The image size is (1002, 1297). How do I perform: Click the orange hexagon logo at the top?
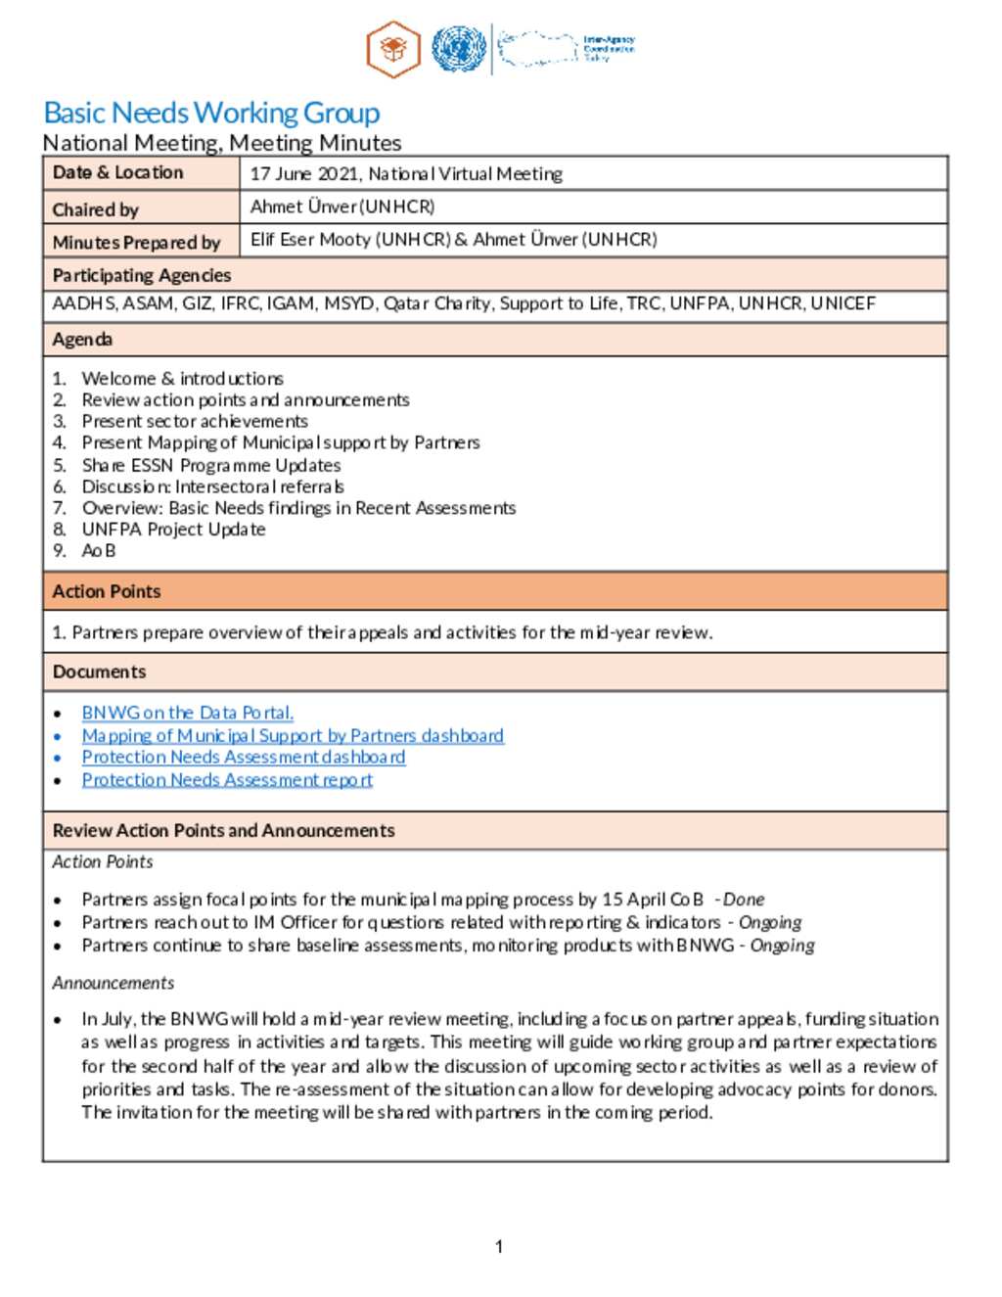(393, 49)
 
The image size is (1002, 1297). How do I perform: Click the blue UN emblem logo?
(459, 49)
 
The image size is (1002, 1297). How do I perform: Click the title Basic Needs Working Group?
(211, 114)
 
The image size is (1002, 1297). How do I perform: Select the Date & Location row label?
(117, 173)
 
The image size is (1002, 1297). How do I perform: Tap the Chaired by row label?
(96, 209)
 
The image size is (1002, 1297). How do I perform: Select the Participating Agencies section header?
(142, 275)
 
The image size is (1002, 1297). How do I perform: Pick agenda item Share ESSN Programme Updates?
(211, 465)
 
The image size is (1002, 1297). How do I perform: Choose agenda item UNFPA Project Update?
(173, 530)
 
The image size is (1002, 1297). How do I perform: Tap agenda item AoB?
(99, 551)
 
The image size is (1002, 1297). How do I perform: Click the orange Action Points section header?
(107, 592)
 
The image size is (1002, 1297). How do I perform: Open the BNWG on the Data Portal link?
(187, 713)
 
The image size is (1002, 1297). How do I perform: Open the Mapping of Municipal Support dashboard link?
(293, 735)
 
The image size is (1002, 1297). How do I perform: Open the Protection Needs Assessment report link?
(227, 780)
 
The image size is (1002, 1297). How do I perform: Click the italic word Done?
(744, 900)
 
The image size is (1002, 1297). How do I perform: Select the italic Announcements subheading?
(114, 983)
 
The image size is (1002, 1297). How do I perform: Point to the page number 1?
(499, 1246)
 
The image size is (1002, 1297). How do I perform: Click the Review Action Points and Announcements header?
(224, 831)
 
